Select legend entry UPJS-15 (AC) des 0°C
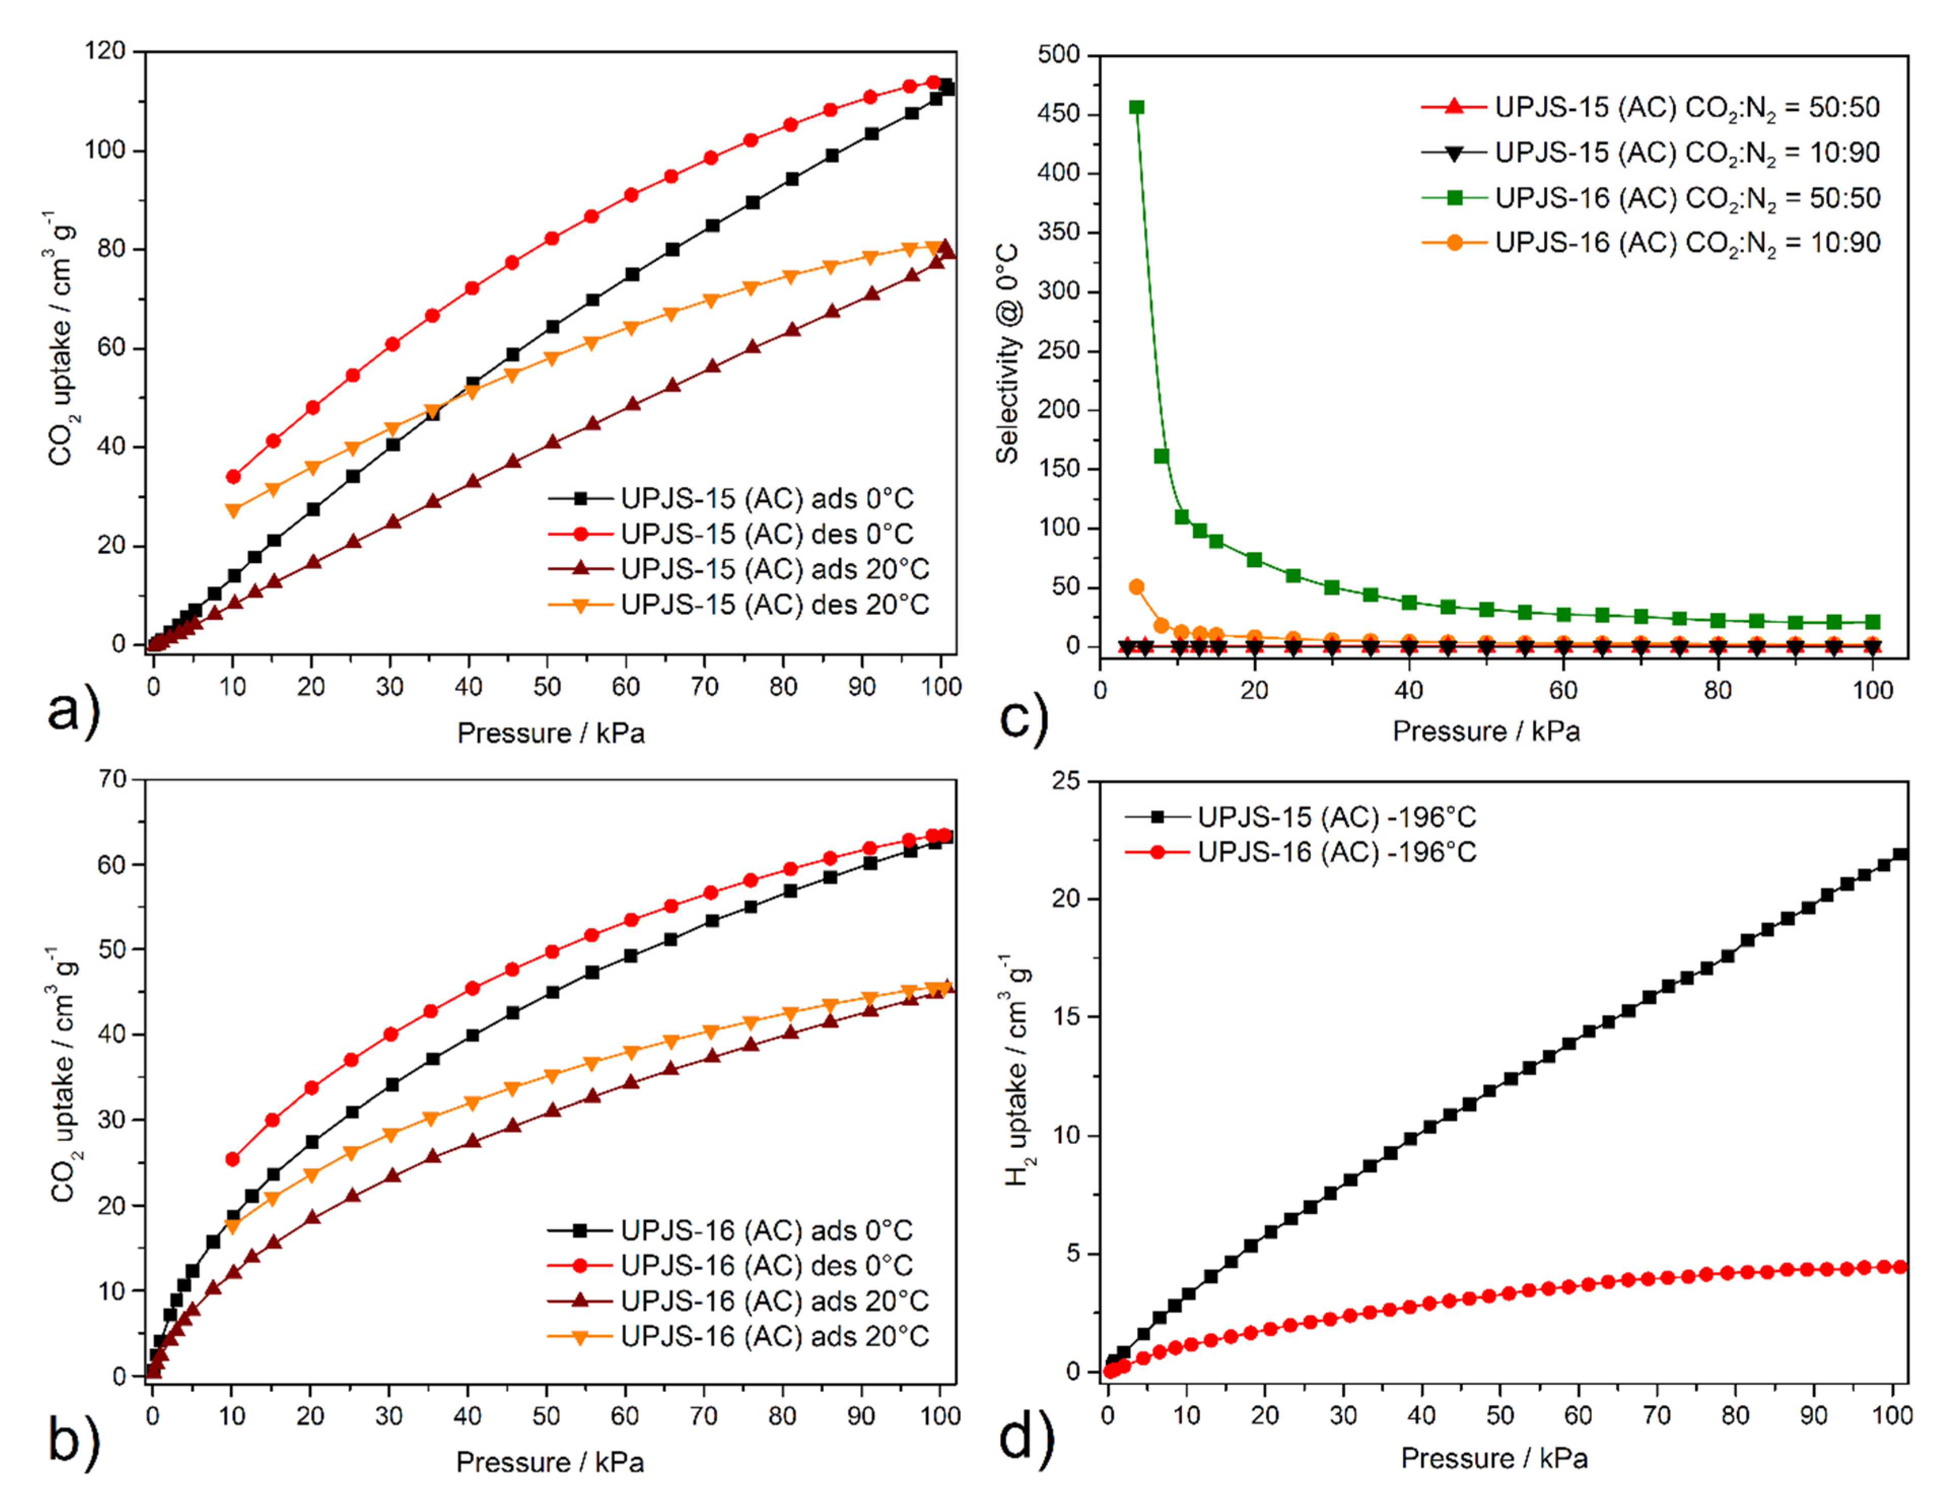pyautogui.click(x=766, y=534)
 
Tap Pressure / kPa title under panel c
pyautogui.click(x=1486, y=731)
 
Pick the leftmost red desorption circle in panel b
pyautogui.click(x=232, y=1159)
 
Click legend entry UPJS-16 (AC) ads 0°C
pyautogui.click(x=766, y=1230)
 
